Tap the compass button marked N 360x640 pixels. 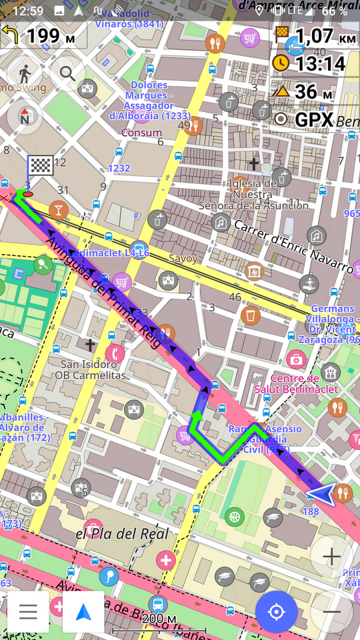point(25,116)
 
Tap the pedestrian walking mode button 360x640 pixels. point(25,73)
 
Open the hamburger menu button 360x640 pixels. point(28,611)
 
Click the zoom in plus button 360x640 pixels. point(331,556)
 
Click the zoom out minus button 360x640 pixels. point(331,611)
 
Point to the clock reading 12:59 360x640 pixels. point(28,11)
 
